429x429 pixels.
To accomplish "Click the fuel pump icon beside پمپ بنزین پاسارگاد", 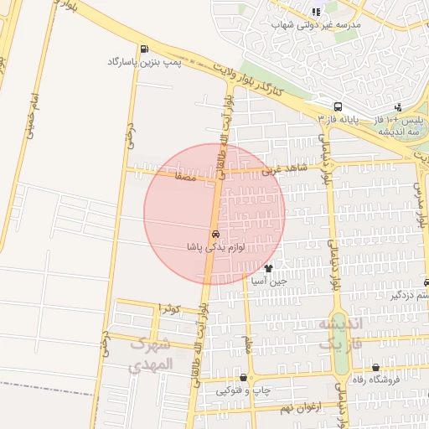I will pos(145,49).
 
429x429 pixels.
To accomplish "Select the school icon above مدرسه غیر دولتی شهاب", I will pos(316,12).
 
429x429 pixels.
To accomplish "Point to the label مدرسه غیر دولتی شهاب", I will pos(316,24).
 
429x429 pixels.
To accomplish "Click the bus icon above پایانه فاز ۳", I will pos(338,107).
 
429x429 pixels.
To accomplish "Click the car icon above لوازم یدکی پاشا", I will pos(216,234).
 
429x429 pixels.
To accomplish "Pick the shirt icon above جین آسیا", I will pos(268,269).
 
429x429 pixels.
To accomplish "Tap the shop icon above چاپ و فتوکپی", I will pos(243,378).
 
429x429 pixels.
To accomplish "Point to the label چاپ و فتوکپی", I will pos(245,390).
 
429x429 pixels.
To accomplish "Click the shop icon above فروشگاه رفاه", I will pos(375,367).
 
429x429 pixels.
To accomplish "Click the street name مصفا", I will pos(185,178).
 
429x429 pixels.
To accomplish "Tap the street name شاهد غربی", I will pos(285,169).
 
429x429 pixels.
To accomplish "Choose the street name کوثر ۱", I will pos(172,309).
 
